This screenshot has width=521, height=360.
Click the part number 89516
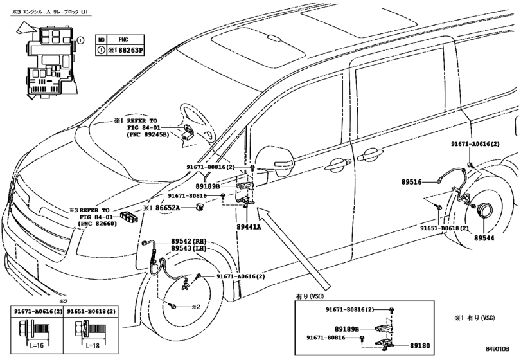pos(411,182)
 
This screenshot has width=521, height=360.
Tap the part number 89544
pos(484,238)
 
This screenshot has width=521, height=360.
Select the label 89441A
pos(249,227)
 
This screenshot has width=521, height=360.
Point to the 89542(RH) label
pos(188,241)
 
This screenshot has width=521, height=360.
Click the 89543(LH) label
pos(188,249)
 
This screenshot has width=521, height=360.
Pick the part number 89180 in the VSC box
pos(419,346)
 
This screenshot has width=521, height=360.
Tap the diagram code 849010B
pos(497,348)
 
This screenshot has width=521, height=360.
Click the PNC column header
pos(123,40)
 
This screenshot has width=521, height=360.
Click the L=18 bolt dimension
pos(92,346)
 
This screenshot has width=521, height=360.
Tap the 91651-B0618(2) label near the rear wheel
pos(445,228)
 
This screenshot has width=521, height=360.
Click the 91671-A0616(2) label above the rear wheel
pos(475,144)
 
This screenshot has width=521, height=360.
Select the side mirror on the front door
pos(275,161)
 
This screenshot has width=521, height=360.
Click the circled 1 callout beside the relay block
pos(80,40)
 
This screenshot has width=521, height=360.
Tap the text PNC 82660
pos(100,224)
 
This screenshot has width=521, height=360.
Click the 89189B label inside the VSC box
pos(347,329)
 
